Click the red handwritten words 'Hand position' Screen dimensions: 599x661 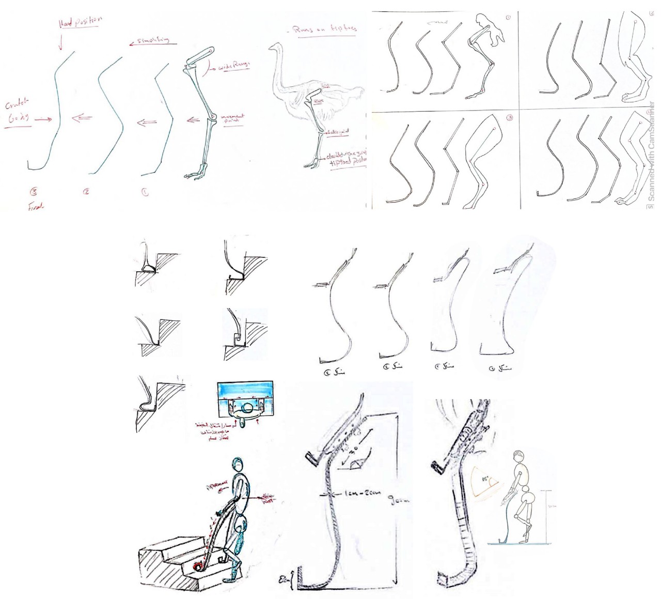81,22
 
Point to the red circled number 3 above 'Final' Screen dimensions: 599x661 34,192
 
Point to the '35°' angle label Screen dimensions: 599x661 486,479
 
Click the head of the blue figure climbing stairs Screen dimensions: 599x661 238,464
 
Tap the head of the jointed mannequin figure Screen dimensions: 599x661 518,457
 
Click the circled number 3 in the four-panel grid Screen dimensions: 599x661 509,118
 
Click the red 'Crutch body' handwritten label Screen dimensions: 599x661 19,111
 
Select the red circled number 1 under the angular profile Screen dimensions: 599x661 145,192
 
